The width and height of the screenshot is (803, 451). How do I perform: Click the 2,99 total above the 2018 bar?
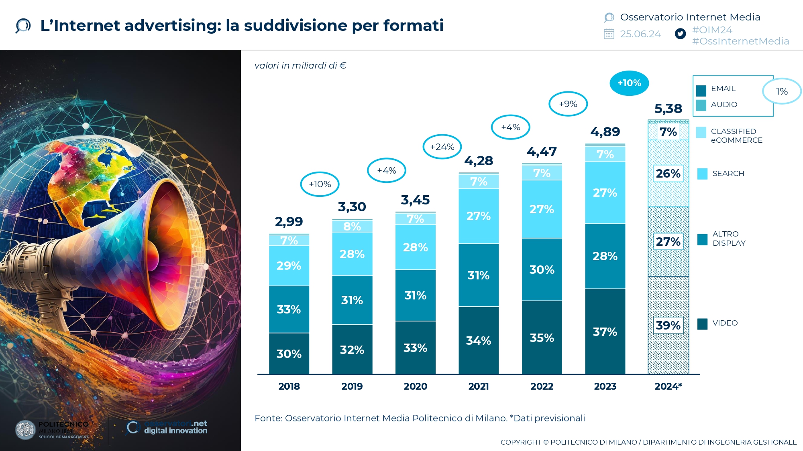point(289,221)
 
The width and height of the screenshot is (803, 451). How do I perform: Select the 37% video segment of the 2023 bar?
point(605,332)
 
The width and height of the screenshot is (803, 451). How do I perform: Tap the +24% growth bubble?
point(442,147)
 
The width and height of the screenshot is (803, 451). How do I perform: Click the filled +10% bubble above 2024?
point(629,83)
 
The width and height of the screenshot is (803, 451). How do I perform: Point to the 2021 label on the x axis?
point(479,386)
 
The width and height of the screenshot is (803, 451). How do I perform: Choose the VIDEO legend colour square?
point(702,324)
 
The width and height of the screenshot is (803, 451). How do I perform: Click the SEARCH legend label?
point(728,174)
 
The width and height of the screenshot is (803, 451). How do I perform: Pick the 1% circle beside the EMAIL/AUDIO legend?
point(781,91)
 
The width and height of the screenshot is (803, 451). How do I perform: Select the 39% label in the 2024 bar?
point(668,325)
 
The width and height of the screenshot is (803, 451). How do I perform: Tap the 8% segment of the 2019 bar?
point(352,227)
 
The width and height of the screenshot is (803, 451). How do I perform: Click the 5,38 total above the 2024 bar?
point(668,109)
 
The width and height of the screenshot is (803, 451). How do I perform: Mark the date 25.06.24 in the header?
point(640,34)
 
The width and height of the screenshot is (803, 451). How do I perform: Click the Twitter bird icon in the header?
point(680,34)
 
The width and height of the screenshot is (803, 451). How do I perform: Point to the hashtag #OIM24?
point(712,30)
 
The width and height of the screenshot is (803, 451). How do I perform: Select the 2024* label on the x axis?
point(668,386)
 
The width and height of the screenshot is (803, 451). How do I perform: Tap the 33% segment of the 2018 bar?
point(289,309)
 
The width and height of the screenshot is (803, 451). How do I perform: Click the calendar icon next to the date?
point(609,34)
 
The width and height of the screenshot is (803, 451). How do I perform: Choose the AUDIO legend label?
point(724,105)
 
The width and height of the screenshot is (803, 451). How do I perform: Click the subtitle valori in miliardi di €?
point(300,65)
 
